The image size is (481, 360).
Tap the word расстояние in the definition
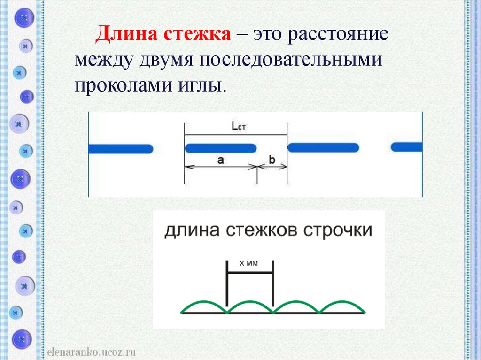pos(340,36)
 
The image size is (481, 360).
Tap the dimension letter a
pos(221,160)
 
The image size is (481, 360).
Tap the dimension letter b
pos(272,160)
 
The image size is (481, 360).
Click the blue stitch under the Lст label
pos(220,149)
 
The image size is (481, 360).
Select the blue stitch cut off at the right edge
pos(407,147)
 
